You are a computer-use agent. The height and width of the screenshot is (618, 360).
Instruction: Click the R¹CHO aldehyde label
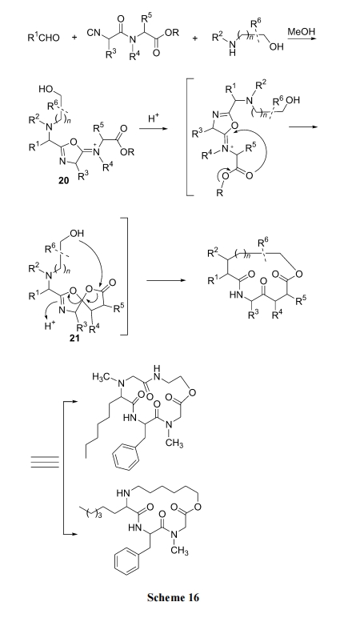[x=44, y=38]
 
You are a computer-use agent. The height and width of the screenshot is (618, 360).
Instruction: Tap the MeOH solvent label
[x=302, y=31]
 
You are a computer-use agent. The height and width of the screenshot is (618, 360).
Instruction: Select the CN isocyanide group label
[x=94, y=33]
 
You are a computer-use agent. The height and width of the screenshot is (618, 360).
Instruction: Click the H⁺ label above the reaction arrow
[x=154, y=120]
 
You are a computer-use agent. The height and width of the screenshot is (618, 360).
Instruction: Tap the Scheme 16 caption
[x=174, y=597]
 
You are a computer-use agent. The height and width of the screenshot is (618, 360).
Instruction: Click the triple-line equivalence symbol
[x=46, y=462]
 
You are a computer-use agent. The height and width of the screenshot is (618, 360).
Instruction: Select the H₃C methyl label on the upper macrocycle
[x=101, y=377]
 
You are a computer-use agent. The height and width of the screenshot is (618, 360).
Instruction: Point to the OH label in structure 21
[x=77, y=233]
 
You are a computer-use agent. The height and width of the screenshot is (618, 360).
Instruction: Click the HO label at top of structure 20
[x=46, y=90]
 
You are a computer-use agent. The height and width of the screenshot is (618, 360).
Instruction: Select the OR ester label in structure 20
[x=127, y=152]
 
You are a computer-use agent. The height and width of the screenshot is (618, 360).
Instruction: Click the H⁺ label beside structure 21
[x=50, y=326]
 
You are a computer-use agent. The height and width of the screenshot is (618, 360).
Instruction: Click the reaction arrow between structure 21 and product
[x=166, y=281]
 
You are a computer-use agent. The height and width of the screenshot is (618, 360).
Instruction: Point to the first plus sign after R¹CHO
[x=74, y=38]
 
